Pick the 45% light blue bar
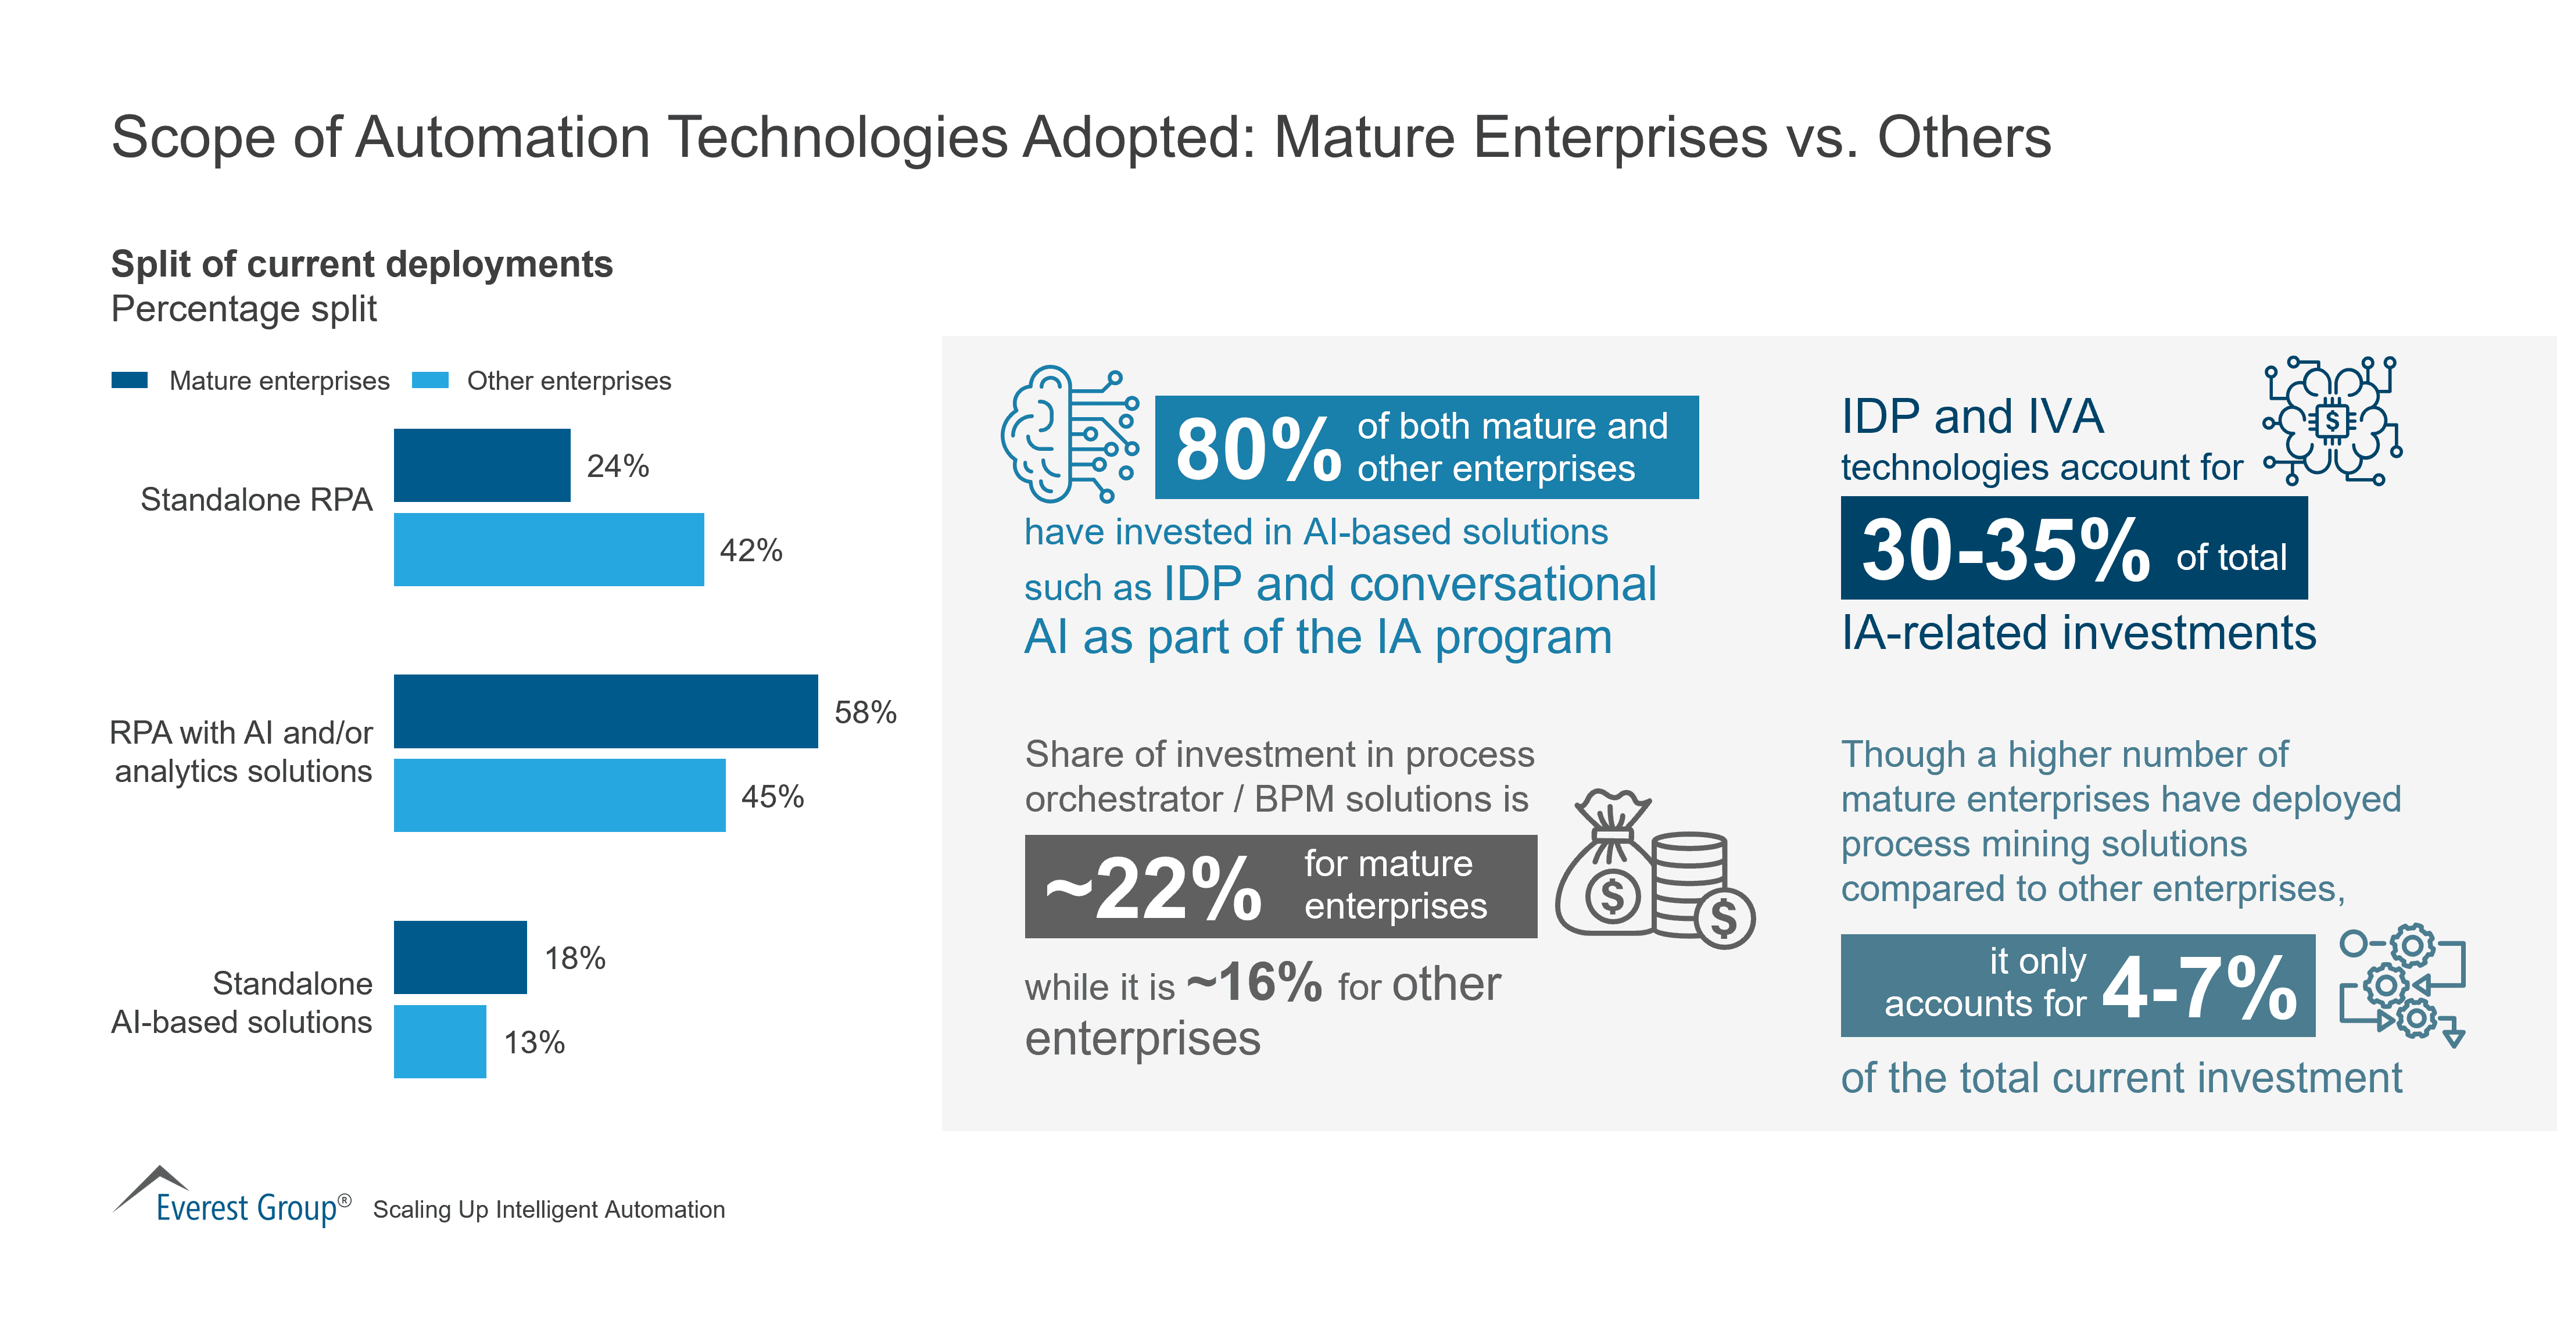(559, 795)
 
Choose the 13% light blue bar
(440, 1041)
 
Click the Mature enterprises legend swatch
(129, 380)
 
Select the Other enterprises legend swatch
(430, 380)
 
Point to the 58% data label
(865, 712)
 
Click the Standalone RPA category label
(256, 499)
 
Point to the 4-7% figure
(2198, 988)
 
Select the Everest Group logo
(232, 1198)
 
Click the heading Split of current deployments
(361, 264)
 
